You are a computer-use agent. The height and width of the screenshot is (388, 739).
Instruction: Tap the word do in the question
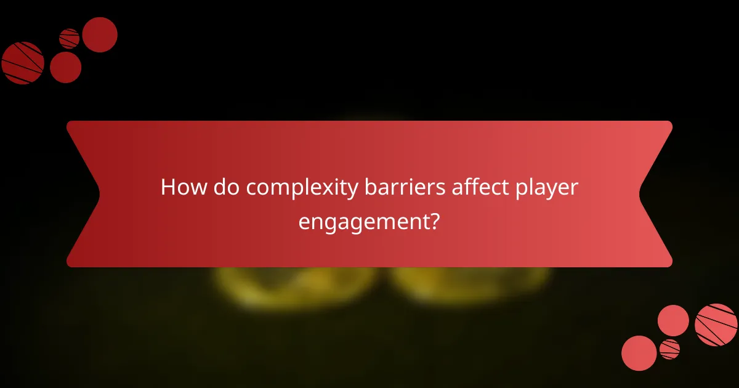pos(225,188)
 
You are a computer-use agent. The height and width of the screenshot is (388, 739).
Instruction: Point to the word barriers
pos(396,188)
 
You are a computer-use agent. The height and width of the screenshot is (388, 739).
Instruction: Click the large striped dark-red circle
pos(23,63)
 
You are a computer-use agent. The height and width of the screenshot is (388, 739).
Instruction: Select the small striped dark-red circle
pos(70,39)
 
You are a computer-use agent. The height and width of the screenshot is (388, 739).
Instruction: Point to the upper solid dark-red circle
pos(100,34)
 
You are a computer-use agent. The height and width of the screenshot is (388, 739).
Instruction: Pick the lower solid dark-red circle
pos(65,67)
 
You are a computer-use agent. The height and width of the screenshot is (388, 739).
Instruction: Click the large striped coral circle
pos(716,325)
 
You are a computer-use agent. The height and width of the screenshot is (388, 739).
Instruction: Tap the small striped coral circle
pos(669,349)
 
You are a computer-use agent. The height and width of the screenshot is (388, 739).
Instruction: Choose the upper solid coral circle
pos(673,320)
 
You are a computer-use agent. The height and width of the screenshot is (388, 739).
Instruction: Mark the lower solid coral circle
pos(639,353)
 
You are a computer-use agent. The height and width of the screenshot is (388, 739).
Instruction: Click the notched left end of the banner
pos(83,194)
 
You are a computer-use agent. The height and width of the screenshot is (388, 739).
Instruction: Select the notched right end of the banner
pos(656,194)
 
